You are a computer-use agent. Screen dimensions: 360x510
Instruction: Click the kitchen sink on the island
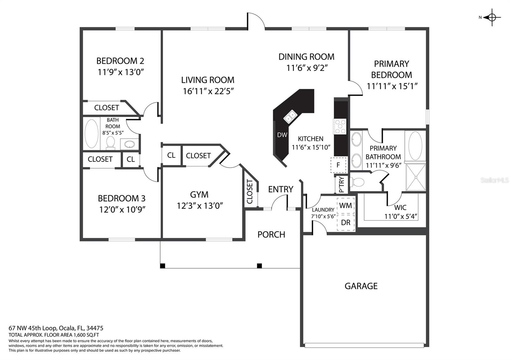click(290, 117)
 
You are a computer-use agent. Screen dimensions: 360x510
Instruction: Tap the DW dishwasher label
click(282, 135)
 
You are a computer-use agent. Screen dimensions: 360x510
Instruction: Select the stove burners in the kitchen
click(340, 126)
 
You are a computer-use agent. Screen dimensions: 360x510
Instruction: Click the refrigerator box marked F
click(338, 165)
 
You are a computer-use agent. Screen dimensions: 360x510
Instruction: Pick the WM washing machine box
click(346, 206)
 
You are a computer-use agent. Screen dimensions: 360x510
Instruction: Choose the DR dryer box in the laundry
click(346, 223)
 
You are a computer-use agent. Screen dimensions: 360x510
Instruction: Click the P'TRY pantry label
click(342, 185)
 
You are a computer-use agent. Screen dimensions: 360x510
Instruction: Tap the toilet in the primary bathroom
click(357, 182)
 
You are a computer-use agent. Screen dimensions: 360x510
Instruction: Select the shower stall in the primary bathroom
click(416, 177)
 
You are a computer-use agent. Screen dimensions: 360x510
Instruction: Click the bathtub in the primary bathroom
click(415, 146)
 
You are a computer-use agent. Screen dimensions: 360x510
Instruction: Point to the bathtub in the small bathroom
click(91, 133)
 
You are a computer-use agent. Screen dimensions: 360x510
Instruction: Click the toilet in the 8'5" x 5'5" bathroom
click(110, 143)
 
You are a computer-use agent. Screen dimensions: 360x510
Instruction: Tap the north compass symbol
click(492, 17)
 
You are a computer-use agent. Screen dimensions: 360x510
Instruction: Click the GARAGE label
click(361, 286)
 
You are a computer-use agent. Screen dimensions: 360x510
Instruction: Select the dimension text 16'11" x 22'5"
click(208, 91)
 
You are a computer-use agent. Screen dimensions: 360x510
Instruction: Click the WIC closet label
click(400, 207)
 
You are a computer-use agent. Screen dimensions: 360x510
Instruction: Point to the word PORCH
click(271, 234)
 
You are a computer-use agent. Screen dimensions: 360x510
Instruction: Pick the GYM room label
click(199, 194)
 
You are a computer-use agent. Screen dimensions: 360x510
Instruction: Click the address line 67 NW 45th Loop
click(56, 328)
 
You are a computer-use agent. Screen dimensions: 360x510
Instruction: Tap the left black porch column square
click(163, 266)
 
